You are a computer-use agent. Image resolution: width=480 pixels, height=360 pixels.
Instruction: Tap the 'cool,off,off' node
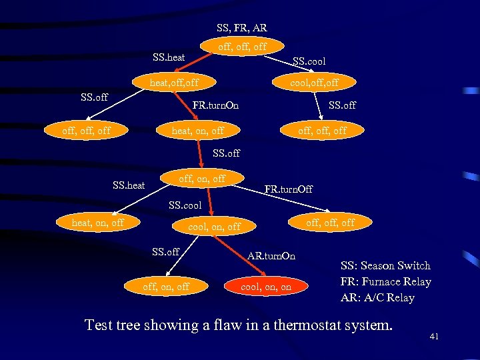click(313, 83)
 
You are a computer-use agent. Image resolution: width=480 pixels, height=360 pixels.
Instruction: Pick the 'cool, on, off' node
click(215, 227)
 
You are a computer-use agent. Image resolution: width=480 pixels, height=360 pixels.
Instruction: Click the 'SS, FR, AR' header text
click(241, 28)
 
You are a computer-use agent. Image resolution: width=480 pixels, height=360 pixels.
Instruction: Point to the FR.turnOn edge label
click(215, 105)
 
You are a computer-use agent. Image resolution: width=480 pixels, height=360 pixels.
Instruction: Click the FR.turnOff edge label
click(288, 189)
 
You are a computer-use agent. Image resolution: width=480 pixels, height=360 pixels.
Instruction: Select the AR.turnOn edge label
click(271, 255)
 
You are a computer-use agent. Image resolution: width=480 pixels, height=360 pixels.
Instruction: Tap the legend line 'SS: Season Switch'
click(386, 265)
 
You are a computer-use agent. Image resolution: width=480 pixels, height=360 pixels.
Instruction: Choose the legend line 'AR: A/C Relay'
click(377, 297)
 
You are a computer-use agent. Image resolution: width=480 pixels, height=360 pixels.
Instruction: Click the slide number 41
click(434, 337)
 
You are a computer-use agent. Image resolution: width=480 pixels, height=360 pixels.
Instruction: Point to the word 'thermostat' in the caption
click(293, 325)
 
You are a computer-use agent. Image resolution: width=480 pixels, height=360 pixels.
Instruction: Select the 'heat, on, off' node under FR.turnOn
click(198, 131)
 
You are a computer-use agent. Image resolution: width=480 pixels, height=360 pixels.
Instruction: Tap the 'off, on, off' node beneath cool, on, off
click(166, 287)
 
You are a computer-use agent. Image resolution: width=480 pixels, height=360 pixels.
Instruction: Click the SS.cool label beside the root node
click(309, 61)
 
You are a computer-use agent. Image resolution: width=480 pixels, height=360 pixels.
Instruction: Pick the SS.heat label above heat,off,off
click(169, 57)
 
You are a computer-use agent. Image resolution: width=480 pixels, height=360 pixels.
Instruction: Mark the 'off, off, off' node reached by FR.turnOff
click(330, 223)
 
